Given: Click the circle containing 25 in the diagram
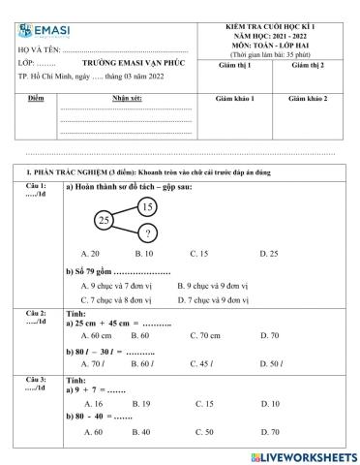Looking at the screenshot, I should (105, 221).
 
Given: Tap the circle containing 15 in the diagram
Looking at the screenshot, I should (146, 206).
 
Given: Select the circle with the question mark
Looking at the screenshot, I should (147, 233).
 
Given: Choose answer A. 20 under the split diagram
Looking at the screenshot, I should (90, 253).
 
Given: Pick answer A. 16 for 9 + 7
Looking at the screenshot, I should (94, 403).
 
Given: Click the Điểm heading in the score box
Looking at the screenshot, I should (36, 99).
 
